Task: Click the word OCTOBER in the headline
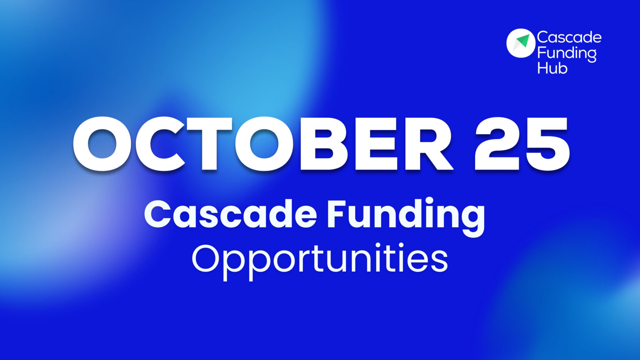(262, 144)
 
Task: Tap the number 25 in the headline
(522, 144)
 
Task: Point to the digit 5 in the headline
(547, 144)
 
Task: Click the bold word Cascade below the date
(230, 215)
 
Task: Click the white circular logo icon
(520, 43)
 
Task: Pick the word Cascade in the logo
(569, 37)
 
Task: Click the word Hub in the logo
(552, 68)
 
